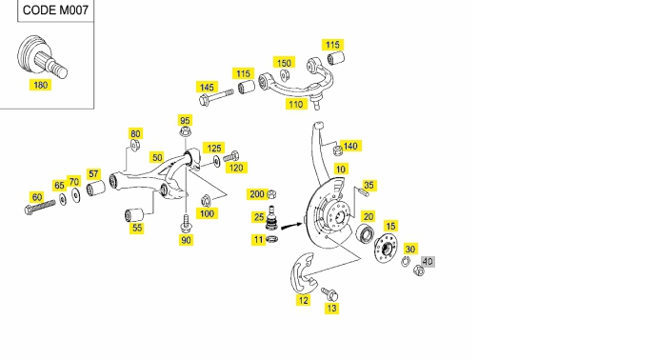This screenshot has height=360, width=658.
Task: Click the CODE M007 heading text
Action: click(55, 10)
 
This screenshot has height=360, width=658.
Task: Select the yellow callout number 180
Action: click(40, 85)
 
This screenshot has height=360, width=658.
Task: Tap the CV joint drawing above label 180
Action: click(42, 57)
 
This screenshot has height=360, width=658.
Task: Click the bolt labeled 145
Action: click(216, 96)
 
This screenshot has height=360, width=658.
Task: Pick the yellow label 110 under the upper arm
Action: click(296, 104)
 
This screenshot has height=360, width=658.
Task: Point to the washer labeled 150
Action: click(285, 75)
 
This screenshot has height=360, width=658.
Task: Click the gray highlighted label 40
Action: click(428, 261)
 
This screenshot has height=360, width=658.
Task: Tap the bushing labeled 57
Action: click(95, 188)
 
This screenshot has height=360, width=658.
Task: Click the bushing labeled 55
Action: click(134, 215)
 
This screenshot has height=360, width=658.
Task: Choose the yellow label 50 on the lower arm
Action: click(157, 158)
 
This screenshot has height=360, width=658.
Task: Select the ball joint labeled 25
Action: click(271, 218)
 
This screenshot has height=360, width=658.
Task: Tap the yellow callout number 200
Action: click(257, 194)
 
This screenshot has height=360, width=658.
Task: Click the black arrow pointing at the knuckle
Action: click(291, 226)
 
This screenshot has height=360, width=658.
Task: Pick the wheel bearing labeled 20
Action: click(364, 234)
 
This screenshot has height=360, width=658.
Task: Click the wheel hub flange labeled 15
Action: click(386, 249)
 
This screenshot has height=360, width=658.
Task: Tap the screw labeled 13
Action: click(329, 294)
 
